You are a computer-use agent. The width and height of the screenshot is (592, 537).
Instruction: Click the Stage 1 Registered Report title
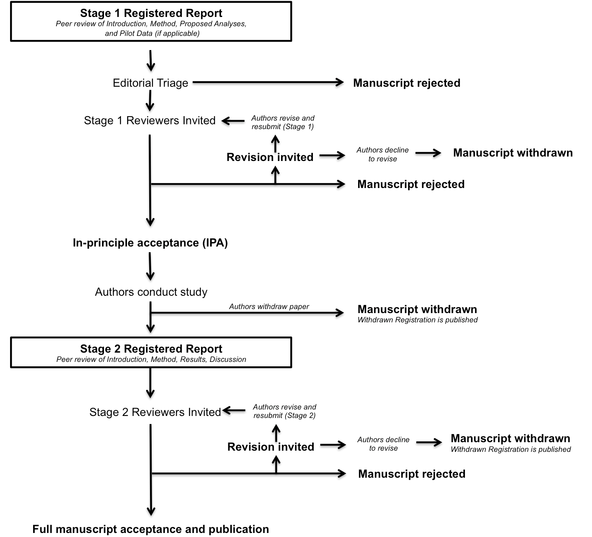(x=151, y=13)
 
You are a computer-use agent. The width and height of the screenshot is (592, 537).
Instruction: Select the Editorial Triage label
(x=150, y=83)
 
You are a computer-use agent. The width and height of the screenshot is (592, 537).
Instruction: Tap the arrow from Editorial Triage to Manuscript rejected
(x=268, y=82)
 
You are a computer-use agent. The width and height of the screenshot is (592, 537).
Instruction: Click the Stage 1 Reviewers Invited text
(x=150, y=121)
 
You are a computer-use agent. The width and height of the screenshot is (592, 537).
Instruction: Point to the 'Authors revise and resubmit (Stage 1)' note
(x=283, y=122)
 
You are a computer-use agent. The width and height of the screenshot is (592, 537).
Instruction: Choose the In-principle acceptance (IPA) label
(x=150, y=243)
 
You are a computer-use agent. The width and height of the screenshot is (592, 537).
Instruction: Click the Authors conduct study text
(x=151, y=292)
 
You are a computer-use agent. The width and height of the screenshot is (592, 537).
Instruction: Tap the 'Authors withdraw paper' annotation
(x=269, y=306)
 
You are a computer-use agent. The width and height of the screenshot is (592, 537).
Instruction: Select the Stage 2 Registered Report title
(x=151, y=349)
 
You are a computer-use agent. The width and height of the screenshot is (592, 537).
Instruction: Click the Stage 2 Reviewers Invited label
(x=155, y=412)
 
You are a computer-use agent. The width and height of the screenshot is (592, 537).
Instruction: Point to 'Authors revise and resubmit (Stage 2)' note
(x=284, y=411)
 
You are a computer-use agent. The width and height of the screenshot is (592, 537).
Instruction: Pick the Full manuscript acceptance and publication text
(x=151, y=529)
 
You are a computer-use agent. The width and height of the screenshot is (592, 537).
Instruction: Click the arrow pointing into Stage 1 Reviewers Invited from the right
(x=233, y=121)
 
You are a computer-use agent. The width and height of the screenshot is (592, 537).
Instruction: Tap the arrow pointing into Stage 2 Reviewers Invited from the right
(x=234, y=410)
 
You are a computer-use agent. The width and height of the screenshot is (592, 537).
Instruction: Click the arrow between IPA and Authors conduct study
(x=150, y=266)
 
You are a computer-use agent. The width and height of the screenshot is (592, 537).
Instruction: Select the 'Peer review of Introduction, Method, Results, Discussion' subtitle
(x=151, y=359)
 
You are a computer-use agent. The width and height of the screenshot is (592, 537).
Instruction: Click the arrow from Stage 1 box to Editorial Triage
(x=151, y=61)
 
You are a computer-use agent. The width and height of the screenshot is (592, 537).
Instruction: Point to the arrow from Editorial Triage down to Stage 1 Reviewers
(x=150, y=101)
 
